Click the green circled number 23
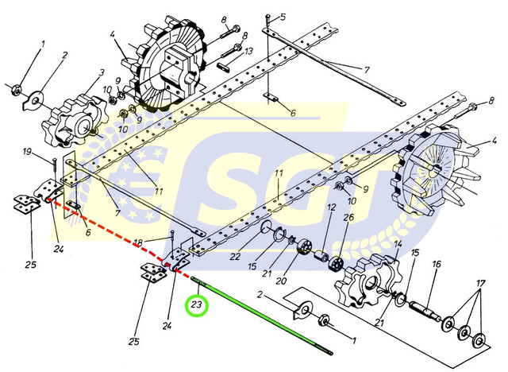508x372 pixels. coord(196,305)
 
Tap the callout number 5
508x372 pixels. coord(283,17)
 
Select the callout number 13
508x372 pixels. coord(248,51)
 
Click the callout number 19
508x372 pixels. coord(28,151)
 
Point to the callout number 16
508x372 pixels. coord(436,264)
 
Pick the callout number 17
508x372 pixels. coord(480,284)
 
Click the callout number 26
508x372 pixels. coord(348,218)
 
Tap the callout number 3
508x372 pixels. coord(102,72)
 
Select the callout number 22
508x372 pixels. coord(235,256)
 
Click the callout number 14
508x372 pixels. coord(398,244)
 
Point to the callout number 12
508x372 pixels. coord(331,207)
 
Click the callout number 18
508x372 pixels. coord(138,242)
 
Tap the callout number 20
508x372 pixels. coord(281,281)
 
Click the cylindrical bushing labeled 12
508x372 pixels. coord(322,256)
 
